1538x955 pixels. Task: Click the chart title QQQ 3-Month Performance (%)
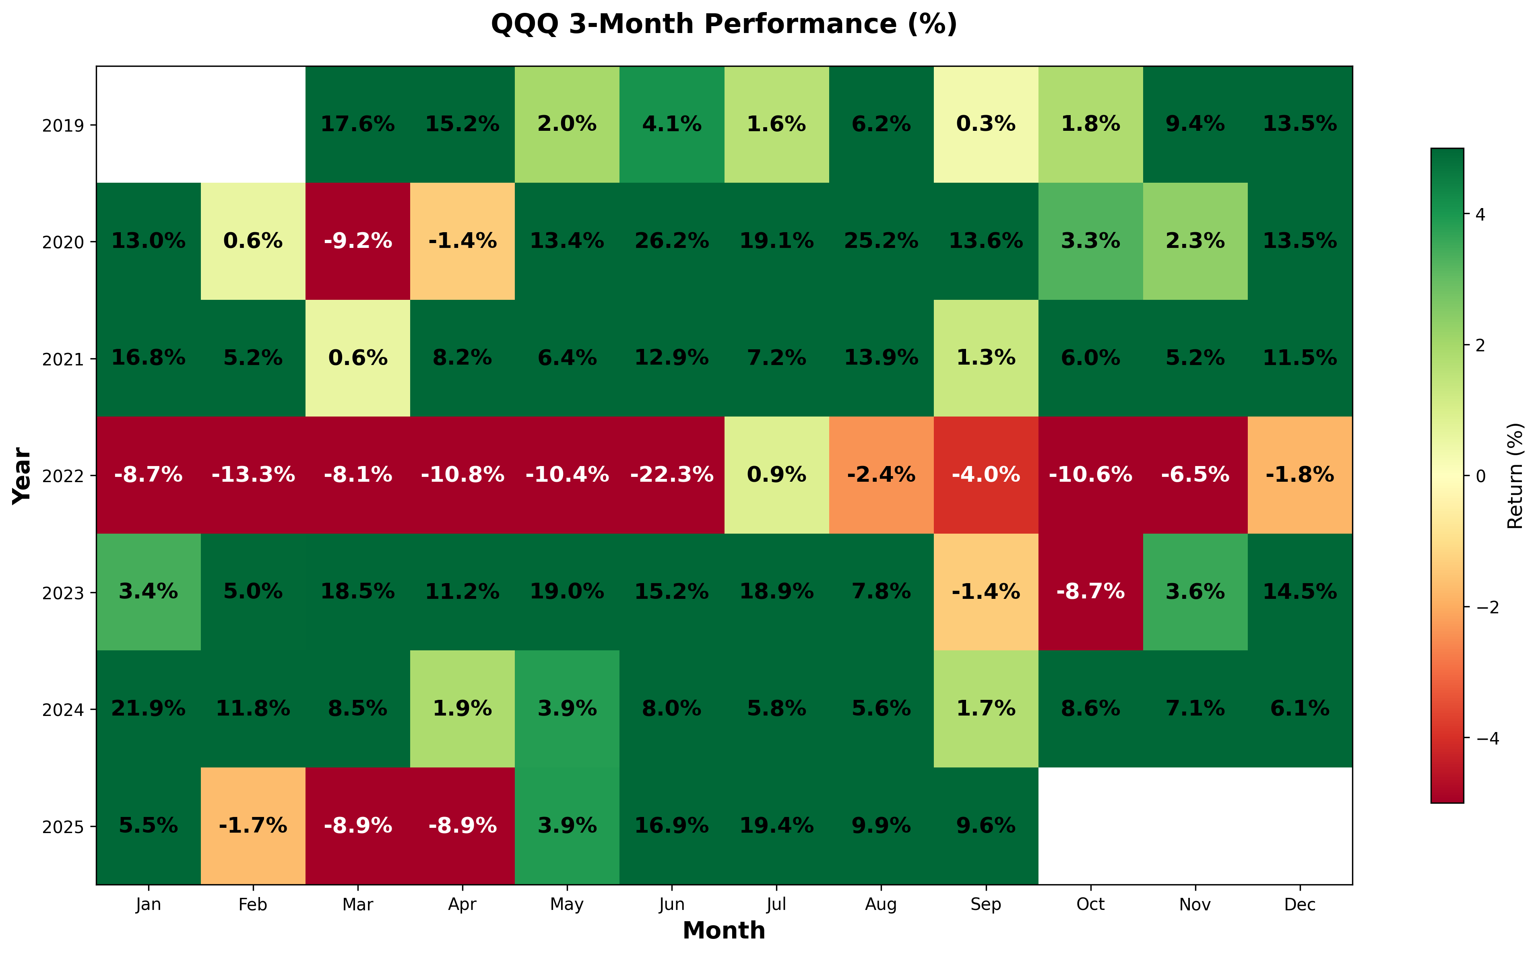pos(724,25)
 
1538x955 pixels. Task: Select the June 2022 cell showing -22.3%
pos(671,474)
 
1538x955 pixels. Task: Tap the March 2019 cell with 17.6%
pos(357,124)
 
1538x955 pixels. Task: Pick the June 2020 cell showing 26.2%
pos(671,241)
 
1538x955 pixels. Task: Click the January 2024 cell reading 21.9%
pos(149,709)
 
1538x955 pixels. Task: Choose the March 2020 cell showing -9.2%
pos(357,241)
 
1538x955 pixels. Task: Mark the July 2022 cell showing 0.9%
pos(776,474)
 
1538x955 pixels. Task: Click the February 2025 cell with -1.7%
pos(253,825)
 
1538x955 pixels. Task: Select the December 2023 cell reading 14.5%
pos(1300,592)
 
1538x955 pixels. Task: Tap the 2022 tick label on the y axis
pos(63,476)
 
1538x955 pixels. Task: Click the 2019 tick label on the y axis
pos(63,125)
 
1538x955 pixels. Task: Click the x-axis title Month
pos(724,931)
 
